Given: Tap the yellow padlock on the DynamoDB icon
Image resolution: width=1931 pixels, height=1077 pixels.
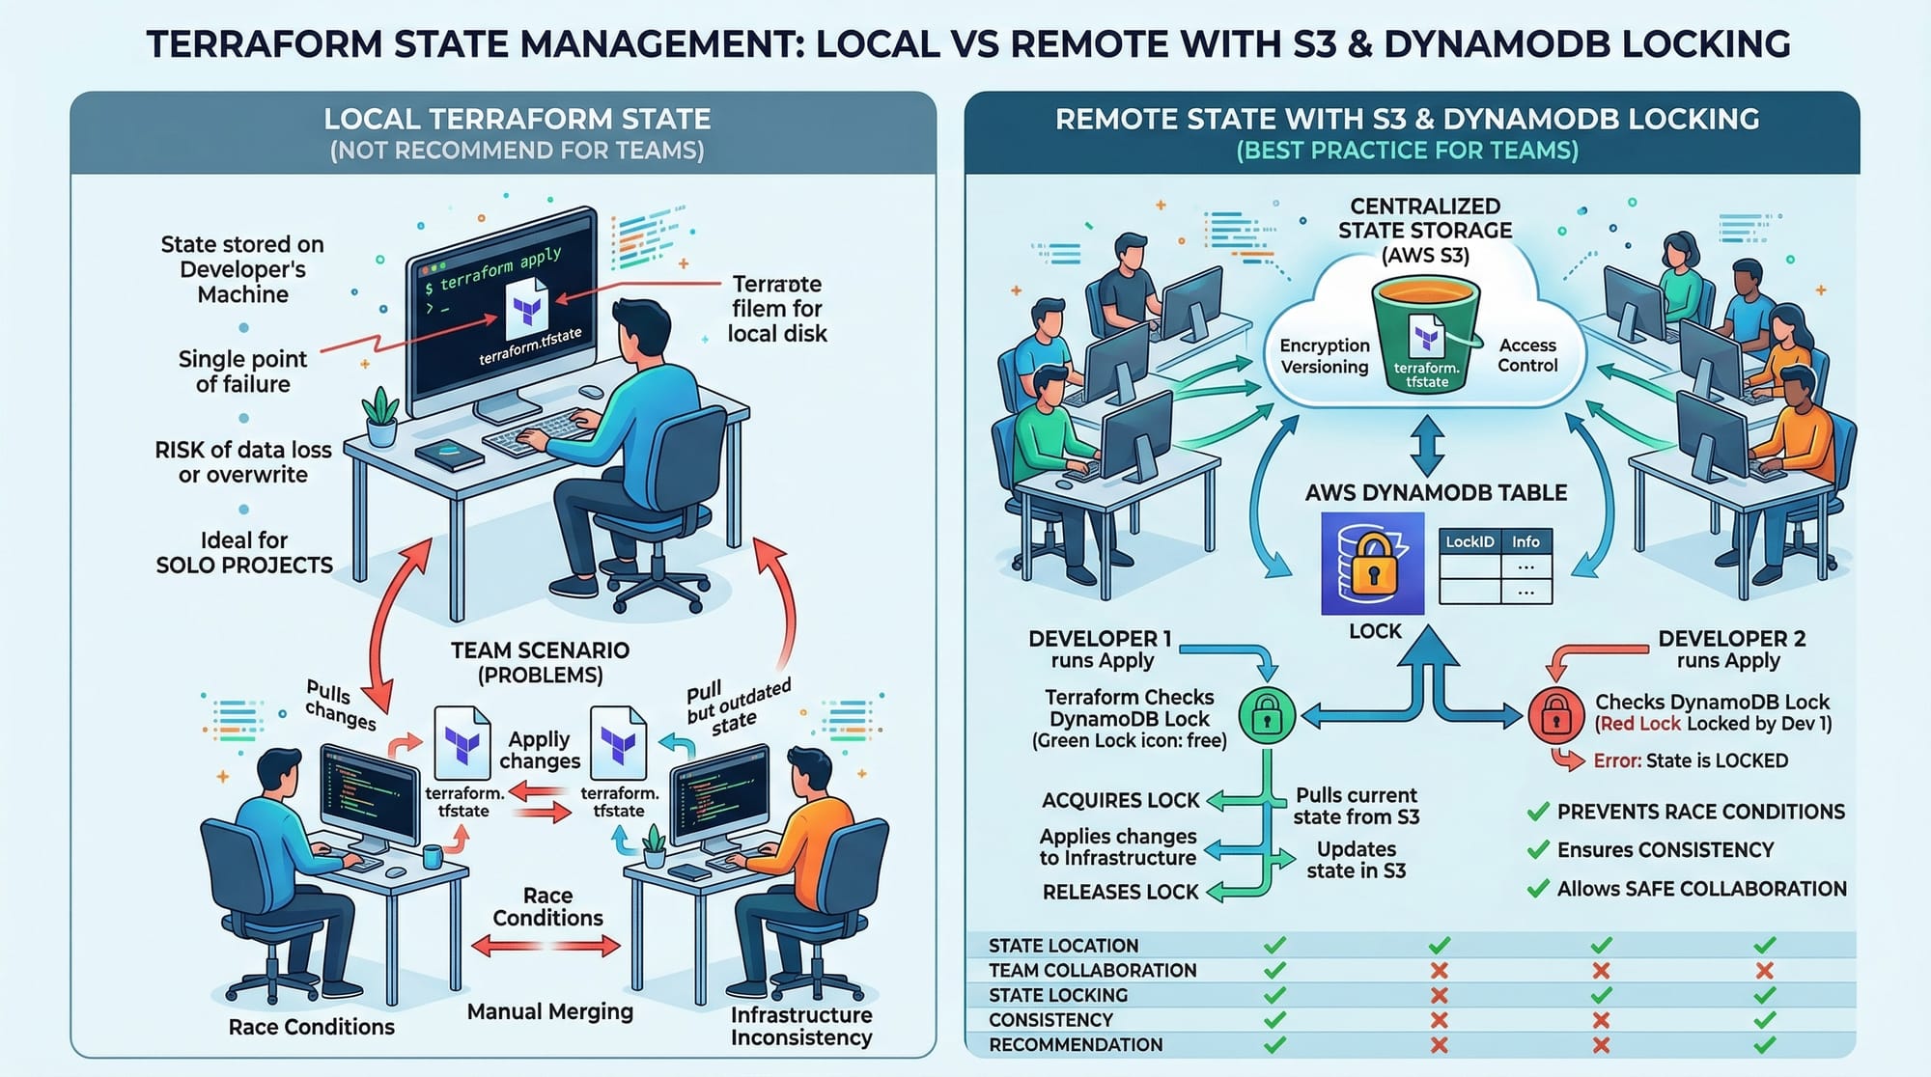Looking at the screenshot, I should [1373, 564].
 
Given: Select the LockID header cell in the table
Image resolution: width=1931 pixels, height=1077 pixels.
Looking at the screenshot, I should [1469, 541].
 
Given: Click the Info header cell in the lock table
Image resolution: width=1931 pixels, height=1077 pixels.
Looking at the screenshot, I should [1525, 541].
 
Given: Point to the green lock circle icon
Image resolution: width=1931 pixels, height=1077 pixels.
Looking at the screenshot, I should [1266, 715].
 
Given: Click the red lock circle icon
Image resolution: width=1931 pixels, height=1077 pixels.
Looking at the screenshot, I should [1554, 716].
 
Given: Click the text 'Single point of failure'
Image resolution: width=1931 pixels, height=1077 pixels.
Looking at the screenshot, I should [242, 372].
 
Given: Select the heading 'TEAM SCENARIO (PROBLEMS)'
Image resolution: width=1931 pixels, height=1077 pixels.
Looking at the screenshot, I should [540, 662].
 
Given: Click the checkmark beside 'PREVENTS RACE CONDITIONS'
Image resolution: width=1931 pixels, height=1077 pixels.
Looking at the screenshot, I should [1538, 812].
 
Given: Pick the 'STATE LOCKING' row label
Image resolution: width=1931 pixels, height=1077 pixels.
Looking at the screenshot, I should [1057, 995].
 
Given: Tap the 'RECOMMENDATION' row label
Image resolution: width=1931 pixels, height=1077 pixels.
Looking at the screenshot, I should [1075, 1044].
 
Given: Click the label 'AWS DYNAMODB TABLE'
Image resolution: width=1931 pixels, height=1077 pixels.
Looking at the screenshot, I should [1436, 492].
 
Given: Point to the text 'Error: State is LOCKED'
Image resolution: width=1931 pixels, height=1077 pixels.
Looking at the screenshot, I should [1690, 760].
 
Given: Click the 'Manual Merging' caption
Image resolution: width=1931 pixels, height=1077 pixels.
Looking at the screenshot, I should [549, 1011].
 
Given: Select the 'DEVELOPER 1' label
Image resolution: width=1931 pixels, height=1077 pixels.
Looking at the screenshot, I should [1100, 639].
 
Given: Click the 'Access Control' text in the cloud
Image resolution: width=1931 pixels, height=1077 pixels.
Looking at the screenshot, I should [1527, 355].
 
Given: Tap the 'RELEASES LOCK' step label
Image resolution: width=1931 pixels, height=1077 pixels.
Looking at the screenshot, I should [1120, 892].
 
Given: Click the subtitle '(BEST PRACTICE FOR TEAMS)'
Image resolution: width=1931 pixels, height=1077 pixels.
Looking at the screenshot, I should [1407, 151].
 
